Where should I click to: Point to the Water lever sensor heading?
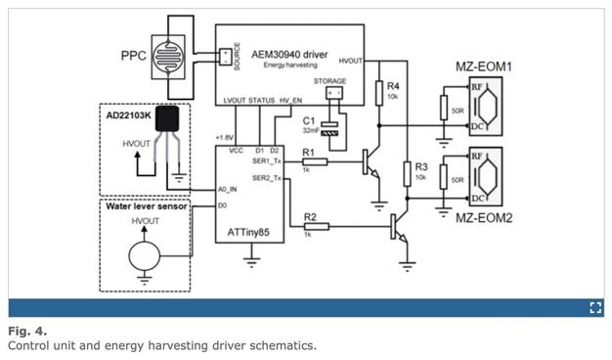pyautogui.click(x=149, y=207)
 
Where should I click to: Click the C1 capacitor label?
pyautogui.click(x=309, y=119)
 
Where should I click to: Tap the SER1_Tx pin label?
pyautogui.click(x=267, y=160)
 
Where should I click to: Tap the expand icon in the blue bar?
pyautogui.click(x=594, y=307)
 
